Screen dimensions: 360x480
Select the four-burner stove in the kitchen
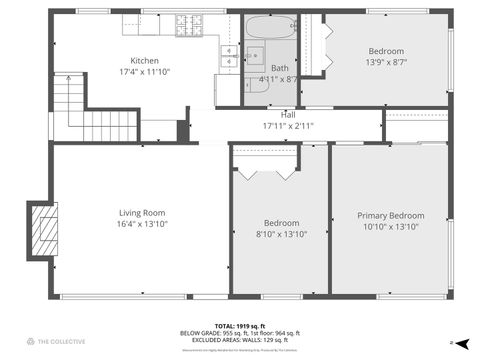click(x=190, y=23)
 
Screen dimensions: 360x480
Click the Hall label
click(x=287, y=114)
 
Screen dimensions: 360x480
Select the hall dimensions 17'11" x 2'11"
click(x=287, y=126)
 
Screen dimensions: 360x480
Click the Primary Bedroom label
click(x=391, y=215)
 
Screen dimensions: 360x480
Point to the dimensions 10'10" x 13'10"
click(x=391, y=227)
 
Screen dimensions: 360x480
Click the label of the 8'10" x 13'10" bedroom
click(x=280, y=222)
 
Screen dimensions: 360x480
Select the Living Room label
click(x=142, y=212)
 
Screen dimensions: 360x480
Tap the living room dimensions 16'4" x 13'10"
click(x=142, y=224)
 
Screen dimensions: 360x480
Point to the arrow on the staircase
click(x=68, y=80)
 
